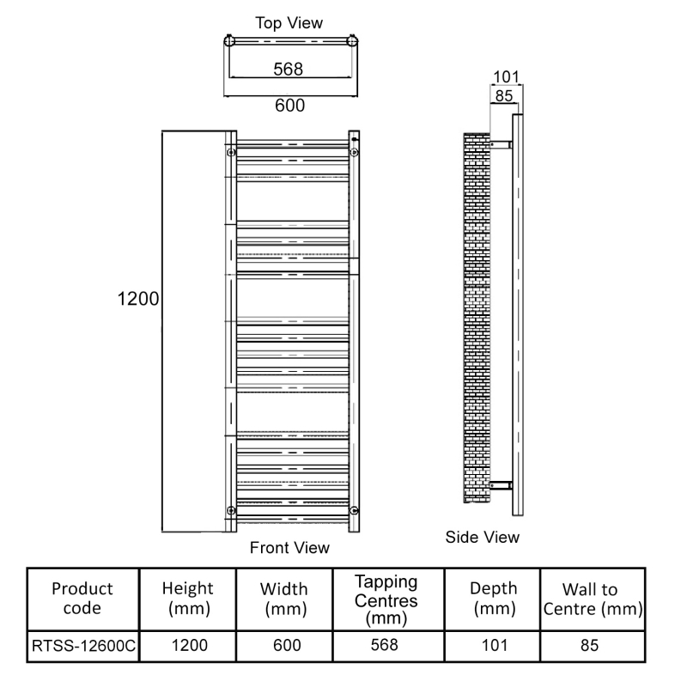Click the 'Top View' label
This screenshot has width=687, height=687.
pos(289,22)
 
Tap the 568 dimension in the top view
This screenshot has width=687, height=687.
pos(289,69)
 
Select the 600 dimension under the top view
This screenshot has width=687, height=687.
pos(289,105)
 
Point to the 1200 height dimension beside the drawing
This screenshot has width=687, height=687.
pos(138,300)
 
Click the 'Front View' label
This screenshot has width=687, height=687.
pos(289,547)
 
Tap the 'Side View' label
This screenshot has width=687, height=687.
pos(483,537)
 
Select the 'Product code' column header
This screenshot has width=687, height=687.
pos(82,599)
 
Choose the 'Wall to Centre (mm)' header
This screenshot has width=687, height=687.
pos(590,599)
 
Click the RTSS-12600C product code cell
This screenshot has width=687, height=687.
pos(82,646)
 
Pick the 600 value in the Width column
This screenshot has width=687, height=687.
pos(286,646)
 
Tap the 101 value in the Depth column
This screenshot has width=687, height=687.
pos(493,646)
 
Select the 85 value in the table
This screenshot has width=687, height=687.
pos(590,646)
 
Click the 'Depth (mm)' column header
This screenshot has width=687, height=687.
pos(493,599)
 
